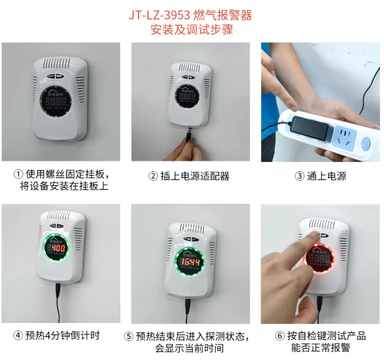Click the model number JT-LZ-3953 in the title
coord(160,15)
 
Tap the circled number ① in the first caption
coord(18,174)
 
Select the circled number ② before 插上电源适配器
coord(153,176)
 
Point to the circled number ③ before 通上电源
coord(300,176)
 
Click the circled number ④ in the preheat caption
coord(18,335)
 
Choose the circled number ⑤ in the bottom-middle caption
coord(128,336)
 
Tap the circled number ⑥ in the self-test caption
coord(280,335)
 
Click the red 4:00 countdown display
coord(58,248)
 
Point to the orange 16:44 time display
coord(190,262)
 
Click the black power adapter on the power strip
coord(310,127)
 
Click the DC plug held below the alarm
coord(189,134)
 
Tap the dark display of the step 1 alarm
coord(55,101)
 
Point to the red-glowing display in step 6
coord(319,258)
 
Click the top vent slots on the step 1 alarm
coord(57,64)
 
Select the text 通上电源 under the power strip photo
coord(326,176)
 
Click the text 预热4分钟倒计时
coord(62,335)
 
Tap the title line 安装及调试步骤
coord(192,30)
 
